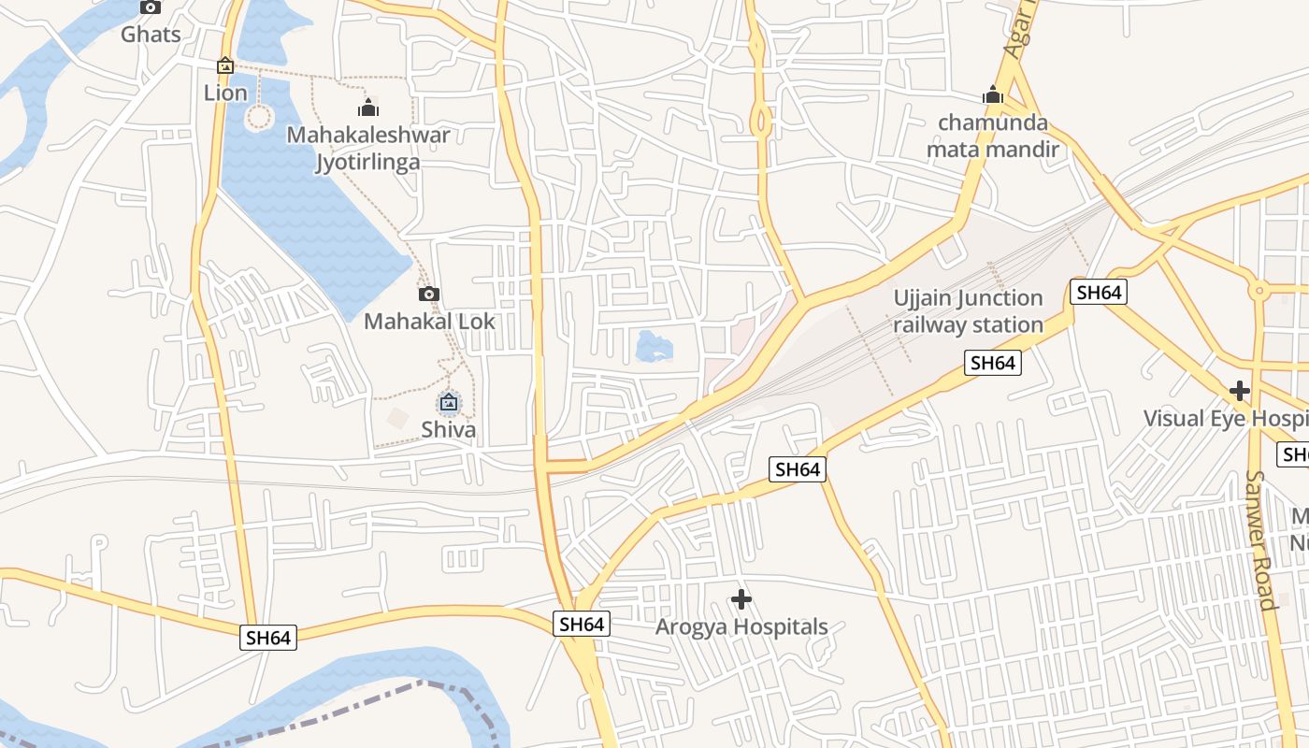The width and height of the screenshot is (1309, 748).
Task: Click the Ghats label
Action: click(x=151, y=35)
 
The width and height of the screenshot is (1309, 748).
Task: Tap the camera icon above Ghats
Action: click(x=151, y=7)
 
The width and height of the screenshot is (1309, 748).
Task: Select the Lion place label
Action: click(x=225, y=93)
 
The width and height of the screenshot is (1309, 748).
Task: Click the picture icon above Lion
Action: click(x=225, y=66)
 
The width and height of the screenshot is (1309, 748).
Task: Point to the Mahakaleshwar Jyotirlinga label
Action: click(x=367, y=148)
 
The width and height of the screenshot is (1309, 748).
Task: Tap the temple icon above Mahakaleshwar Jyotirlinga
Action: click(x=368, y=108)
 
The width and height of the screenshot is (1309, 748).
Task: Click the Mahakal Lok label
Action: click(x=429, y=322)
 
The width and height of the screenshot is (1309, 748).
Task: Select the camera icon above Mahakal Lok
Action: click(x=429, y=295)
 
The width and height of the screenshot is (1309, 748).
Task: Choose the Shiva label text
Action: click(x=449, y=430)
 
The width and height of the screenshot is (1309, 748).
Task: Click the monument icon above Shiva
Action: click(x=449, y=403)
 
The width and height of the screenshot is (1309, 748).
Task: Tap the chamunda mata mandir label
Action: click(x=993, y=137)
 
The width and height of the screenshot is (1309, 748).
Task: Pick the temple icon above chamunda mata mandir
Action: click(x=993, y=95)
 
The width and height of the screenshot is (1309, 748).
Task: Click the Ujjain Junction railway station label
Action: click(x=968, y=311)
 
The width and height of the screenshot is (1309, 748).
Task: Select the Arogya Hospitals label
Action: click(x=741, y=626)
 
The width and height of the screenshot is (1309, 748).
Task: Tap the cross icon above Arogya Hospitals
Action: click(x=741, y=598)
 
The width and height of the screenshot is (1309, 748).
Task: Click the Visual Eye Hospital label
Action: click(x=1225, y=418)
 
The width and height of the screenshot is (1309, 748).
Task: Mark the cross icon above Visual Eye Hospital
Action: click(x=1240, y=390)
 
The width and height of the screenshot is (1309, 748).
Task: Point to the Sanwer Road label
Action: click(x=1260, y=539)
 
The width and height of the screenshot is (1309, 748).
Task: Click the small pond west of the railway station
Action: click(x=654, y=346)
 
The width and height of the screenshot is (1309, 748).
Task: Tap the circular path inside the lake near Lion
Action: click(x=259, y=118)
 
